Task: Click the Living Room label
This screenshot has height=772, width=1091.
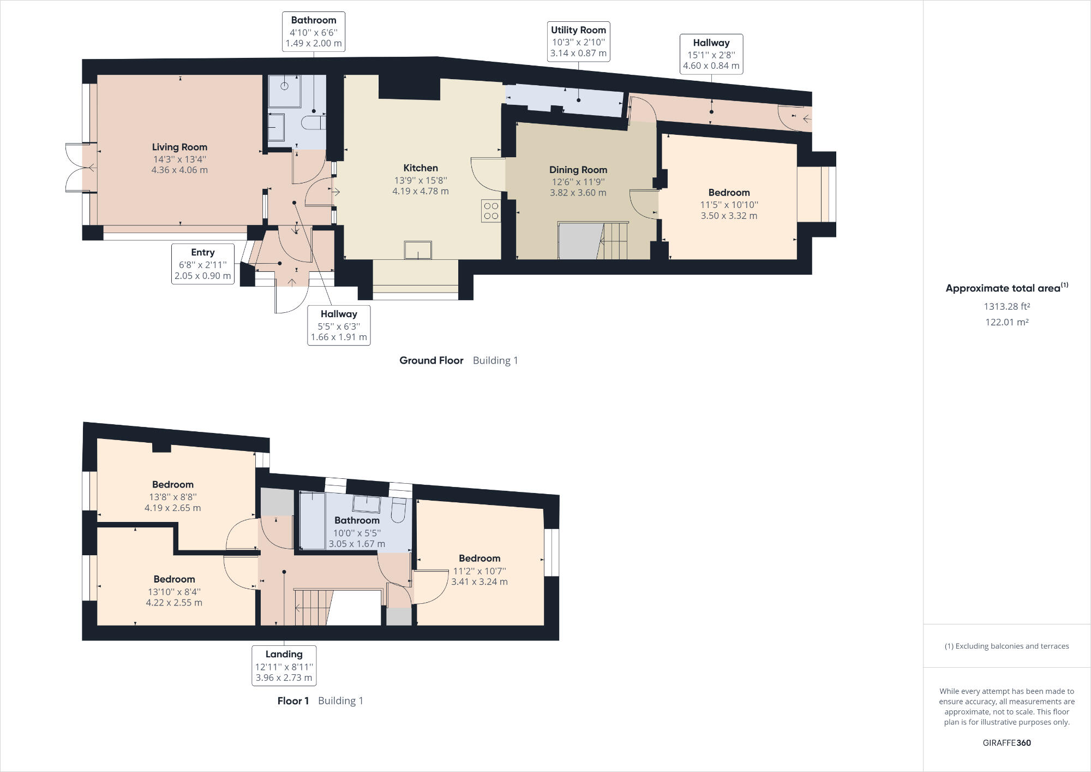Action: click(179, 147)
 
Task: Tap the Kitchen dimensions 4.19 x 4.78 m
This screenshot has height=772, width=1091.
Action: click(420, 191)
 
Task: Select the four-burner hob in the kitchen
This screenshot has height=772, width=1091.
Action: click(491, 211)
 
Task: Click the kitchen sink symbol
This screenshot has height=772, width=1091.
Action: click(418, 250)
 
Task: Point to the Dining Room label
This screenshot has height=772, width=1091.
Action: click(578, 170)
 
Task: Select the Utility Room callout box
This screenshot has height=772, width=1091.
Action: click(578, 41)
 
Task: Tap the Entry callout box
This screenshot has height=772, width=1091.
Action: click(202, 264)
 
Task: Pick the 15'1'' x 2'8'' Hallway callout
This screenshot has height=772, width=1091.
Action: click(711, 54)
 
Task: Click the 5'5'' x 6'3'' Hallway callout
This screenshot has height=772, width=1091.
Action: click(338, 325)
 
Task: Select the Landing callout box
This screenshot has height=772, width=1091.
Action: click(284, 666)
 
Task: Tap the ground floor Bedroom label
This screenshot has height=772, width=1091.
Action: click(729, 193)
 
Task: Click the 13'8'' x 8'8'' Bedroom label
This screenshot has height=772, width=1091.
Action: click(172, 485)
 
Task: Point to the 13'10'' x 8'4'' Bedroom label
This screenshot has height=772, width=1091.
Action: click(174, 579)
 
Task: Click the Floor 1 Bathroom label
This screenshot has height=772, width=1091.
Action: click(357, 520)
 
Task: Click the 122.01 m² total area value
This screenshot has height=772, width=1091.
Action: click(1006, 322)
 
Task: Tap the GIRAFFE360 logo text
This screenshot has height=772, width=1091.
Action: click(1006, 743)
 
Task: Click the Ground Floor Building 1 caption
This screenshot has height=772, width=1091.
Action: click(458, 360)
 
